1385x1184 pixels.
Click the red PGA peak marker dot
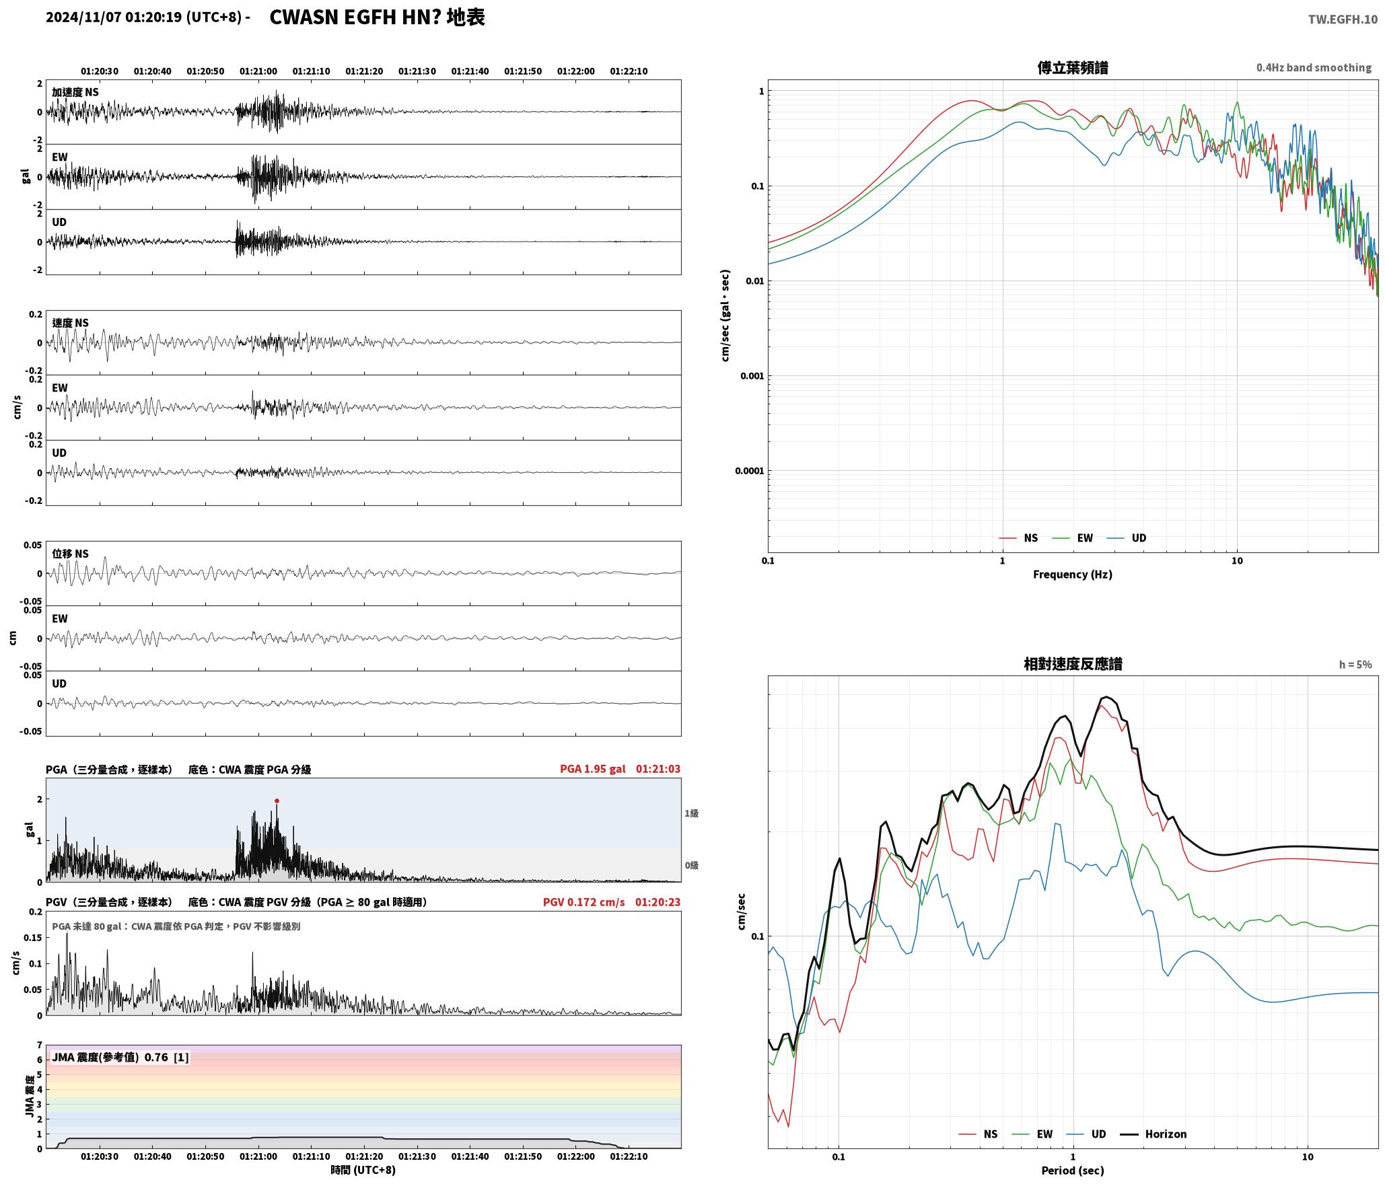coord(277,801)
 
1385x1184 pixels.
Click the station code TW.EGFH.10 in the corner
coord(1343,20)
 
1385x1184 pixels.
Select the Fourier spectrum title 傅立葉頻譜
coord(1073,67)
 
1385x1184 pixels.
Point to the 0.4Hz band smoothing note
coord(1314,67)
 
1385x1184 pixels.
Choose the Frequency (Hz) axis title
coord(1073,574)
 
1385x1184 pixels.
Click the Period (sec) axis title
coord(1073,1170)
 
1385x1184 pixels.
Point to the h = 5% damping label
coord(1355,665)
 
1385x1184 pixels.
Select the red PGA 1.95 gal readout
coord(592,768)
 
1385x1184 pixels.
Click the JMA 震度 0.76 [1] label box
coord(120,1057)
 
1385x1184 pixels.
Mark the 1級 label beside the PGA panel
coord(691,813)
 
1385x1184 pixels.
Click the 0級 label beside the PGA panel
coord(691,865)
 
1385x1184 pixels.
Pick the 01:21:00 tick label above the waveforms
coord(258,71)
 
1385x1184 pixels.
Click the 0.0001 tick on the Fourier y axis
coord(749,471)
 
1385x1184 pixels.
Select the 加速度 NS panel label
coord(75,92)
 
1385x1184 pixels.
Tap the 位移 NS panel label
coord(70,554)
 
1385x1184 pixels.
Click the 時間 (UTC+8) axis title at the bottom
coord(363,1170)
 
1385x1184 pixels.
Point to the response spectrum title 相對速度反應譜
coord(1073,664)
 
